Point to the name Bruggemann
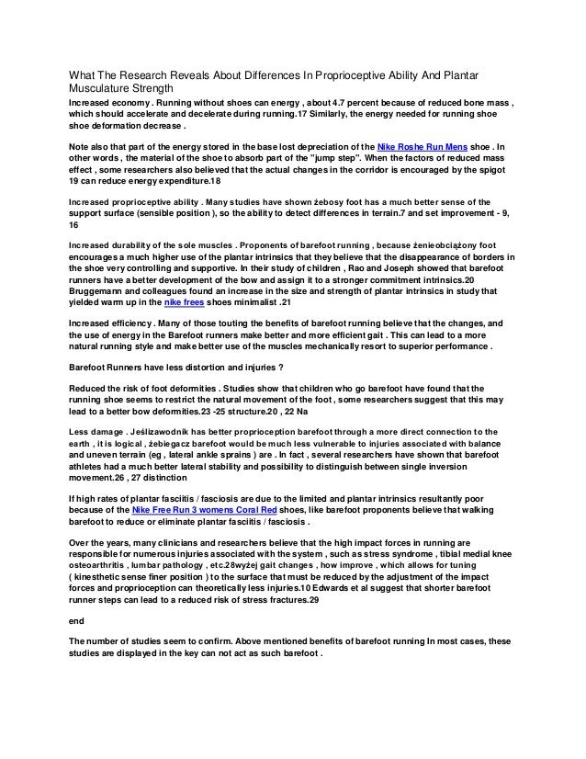coord(101,291)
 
